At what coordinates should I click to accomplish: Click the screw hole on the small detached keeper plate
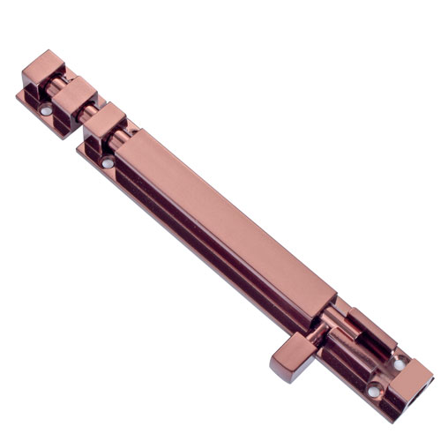tap(46, 111)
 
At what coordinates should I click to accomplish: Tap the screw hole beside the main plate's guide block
tap(107, 163)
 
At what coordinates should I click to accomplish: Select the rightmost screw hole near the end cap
tap(399, 363)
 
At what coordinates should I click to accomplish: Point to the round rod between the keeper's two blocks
tap(61, 84)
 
